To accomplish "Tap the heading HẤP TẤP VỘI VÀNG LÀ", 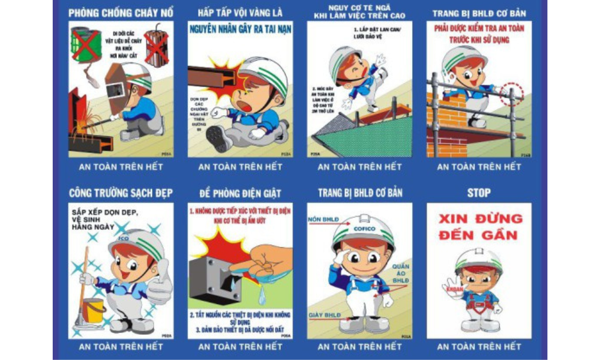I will coord(240,13).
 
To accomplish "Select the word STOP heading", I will coord(478,193).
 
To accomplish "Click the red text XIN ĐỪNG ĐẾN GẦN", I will coord(480,226).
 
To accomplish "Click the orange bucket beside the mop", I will coord(94,310).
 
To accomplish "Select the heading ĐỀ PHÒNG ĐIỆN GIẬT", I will coord(240,193).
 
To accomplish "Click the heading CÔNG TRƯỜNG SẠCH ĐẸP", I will coord(121,193).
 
